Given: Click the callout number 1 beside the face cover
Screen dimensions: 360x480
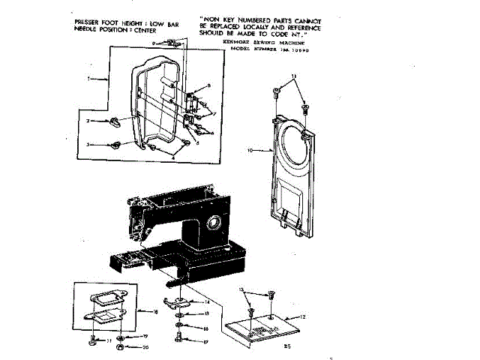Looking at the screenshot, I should tap(88, 78).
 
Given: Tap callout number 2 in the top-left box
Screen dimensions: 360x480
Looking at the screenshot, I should tap(88, 121).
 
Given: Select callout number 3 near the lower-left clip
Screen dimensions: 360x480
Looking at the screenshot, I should tap(88, 144).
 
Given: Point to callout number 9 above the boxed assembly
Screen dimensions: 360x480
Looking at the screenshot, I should tap(153, 45).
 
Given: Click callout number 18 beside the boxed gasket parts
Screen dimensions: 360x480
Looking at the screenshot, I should tap(154, 310).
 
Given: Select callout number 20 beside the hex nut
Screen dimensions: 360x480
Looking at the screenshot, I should tap(147, 347).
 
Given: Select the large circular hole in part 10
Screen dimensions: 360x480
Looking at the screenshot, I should tap(289, 149).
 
